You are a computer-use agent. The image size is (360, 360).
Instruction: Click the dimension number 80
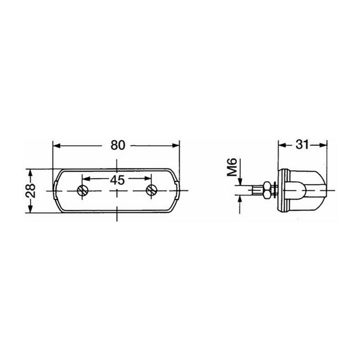click(118, 145)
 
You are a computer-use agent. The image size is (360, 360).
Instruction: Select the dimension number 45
click(117, 180)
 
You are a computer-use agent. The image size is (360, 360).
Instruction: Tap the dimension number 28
click(31, 190)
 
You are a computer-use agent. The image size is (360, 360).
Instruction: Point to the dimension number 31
click(302, 144)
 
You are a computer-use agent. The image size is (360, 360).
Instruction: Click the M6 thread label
click(232, 167)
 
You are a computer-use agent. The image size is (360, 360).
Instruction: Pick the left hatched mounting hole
click(83, 190)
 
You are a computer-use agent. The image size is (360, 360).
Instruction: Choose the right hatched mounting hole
click(151, 190)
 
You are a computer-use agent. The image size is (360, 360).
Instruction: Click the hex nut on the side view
click(267, 190)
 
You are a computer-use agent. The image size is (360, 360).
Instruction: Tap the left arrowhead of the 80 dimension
click(57, 145)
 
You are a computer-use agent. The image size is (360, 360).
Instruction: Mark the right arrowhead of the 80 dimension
click(175, 145)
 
